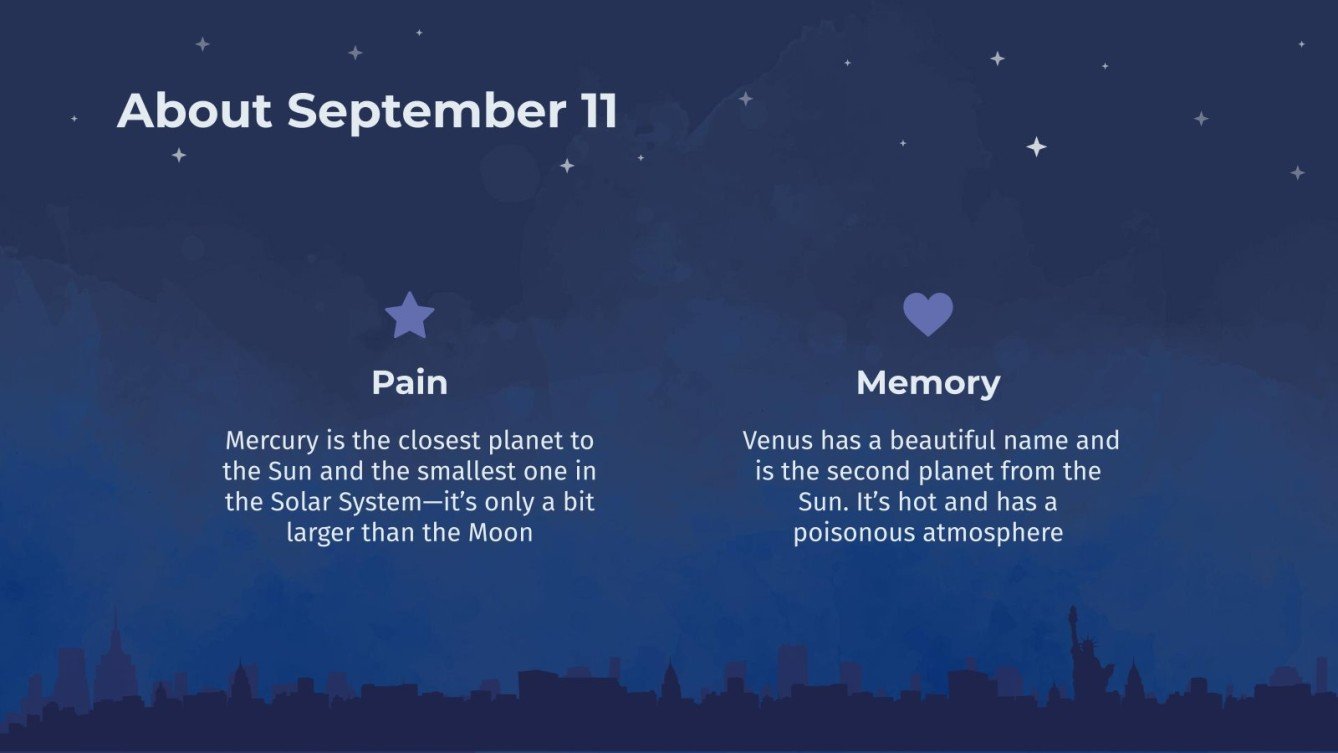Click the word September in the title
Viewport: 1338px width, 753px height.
tap(427, 111)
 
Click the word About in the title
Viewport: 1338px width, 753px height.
tap(194, 111)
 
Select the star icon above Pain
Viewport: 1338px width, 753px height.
tap(410, 316)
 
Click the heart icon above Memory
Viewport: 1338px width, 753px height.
tap(928, 314)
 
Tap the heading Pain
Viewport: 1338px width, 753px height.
tap(410, 382)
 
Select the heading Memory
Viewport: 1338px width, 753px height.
tap(928, 382)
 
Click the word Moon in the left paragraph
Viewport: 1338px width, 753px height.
tap(501, 533)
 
